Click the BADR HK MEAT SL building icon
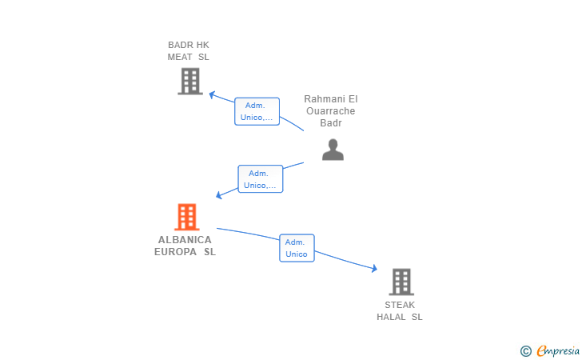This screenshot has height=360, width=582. [190, 81]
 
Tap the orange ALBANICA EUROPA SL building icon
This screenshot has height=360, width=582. [187, 217]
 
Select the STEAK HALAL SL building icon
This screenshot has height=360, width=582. [401, 282]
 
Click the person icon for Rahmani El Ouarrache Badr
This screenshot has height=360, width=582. [333, 150]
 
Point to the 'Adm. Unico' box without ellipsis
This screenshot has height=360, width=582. [297, 248]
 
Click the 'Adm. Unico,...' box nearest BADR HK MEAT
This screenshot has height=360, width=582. [257, 111]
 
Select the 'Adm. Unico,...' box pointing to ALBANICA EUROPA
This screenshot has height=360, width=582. [260, 179]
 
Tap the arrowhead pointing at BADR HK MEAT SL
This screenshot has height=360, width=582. [212, 94]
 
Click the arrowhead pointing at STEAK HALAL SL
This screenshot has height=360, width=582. [374, 268]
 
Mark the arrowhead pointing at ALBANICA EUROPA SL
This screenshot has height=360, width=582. [219, 194]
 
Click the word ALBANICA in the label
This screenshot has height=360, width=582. [185, 240]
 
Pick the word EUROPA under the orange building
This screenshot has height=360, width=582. [175, 252]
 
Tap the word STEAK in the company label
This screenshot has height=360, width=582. [400, 305]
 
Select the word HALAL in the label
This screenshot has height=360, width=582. [391, 317]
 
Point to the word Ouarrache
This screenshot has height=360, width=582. [331, 111]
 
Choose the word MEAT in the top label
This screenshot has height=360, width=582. [180, 57]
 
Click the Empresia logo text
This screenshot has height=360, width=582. [558, 350]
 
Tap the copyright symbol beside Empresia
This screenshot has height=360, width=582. [526, 351]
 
